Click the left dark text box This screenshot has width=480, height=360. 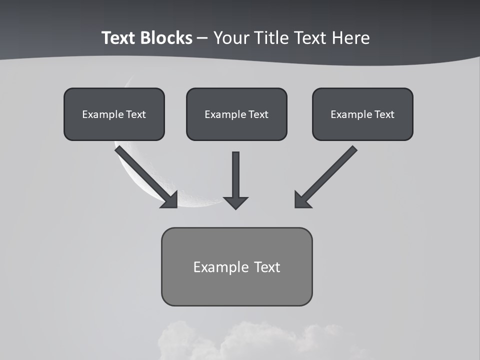click(x=114, y=127)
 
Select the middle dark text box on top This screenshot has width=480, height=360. click(x=236, y=127)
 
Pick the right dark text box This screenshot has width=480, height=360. click(x=362, y=127)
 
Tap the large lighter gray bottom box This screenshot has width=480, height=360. click(x=236, y=287)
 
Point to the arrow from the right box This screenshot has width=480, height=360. click(x=330, y=172)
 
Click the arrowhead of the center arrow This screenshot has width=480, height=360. click(x=235, y=202)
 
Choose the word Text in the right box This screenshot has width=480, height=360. click(x=384, y=114)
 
